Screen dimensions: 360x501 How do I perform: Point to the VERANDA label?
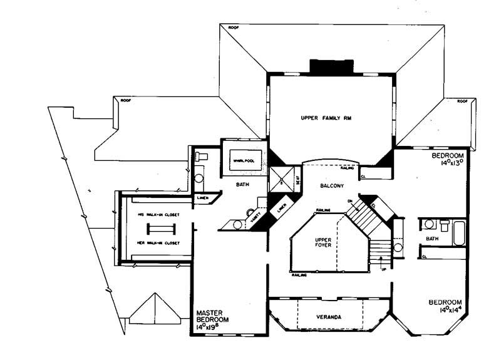tap(328, 318)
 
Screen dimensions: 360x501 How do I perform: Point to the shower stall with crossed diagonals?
tap(282, 178)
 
